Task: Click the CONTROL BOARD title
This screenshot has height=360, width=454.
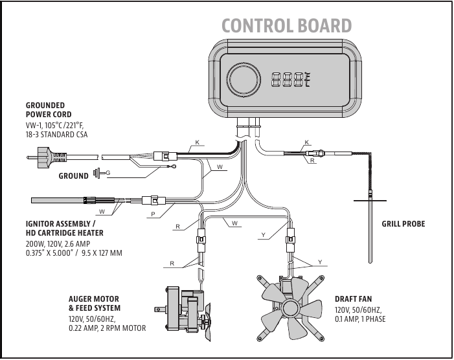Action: click(286, 25)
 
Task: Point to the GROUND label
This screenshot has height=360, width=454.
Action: click(73, 175)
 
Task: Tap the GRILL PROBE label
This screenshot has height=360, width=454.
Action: click(403, 224)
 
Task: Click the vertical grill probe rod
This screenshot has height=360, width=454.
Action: click(370, 227)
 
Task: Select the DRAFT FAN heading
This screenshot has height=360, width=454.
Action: click(353, 300)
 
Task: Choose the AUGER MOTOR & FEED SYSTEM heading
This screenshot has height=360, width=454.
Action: click(94, 304)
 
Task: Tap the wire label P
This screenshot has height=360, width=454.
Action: click(153, 213)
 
